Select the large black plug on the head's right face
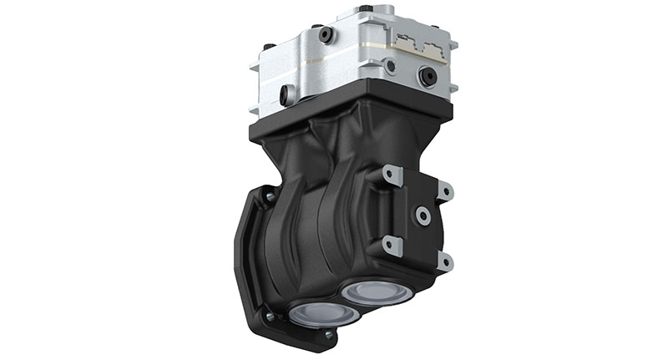(428, 76)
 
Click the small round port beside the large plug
(390, 64)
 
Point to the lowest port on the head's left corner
(286, 95)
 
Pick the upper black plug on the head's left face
(326, 34)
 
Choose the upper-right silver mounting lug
(444, 191)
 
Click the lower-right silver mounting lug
(443, 261)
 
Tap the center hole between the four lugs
(423, 216)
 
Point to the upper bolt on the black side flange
(269, 197)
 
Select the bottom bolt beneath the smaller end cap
(329, 335)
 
